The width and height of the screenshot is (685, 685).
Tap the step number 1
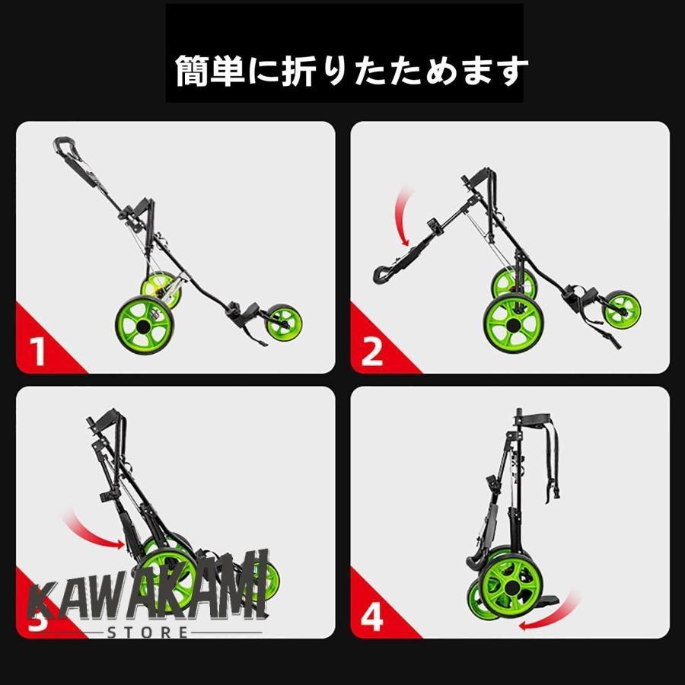click(38, 352)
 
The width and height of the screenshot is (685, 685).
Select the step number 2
click(372, 352)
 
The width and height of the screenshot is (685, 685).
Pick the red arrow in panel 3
click(95, 533)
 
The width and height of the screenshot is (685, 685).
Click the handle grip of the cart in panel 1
click(64, 145)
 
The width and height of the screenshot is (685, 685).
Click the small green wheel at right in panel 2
click(622, 309)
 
